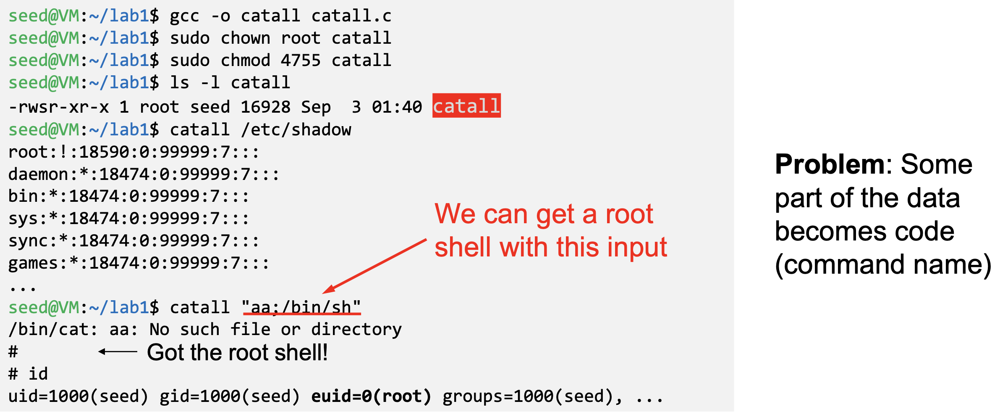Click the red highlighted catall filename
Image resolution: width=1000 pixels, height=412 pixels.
(x=466, y=106)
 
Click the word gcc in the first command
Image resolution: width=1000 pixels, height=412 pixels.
(x=184, y=16)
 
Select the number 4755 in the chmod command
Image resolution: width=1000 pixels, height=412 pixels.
(x=301, y=61)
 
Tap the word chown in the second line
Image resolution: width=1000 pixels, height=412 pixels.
(x=245, y=38)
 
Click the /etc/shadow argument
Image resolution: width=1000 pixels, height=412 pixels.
(x=296, y=130)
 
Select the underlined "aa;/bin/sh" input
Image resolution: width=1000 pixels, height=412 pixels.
(x=301, y=307)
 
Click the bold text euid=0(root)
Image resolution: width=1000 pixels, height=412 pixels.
(x=371, y=396)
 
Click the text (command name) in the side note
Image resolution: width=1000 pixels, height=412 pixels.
(x=883, y=265)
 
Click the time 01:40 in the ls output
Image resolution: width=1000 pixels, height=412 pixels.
(x=397, y=107)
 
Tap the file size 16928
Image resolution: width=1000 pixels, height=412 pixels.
(x=265, y=107)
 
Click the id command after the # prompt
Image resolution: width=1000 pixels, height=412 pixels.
(x=38, y=374)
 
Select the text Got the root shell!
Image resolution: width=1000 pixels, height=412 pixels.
(x=237, y=352)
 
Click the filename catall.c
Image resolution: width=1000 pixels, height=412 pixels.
(x=351, y=16)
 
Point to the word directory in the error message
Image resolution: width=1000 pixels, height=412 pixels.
(x=356, y=330)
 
